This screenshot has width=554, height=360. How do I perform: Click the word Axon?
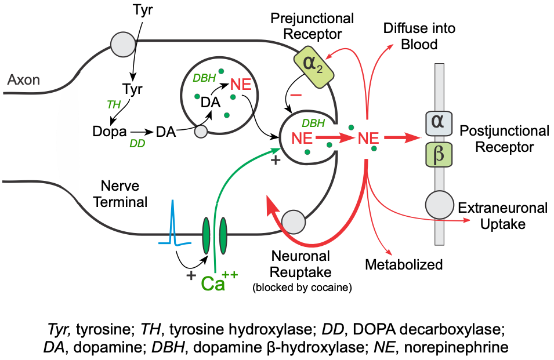point(24,79)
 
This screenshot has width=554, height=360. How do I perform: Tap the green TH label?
point(114,104)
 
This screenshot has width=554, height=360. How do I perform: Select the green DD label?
point(137,143)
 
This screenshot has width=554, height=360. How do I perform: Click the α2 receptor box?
point(313,67)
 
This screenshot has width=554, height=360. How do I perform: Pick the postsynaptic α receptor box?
point(439,122)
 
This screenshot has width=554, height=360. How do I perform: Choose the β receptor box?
point(439,155)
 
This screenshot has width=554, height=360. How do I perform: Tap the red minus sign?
point(296,94)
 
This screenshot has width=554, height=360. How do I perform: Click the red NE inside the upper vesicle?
point(241,85)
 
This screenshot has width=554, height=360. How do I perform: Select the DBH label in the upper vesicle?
point(204,78)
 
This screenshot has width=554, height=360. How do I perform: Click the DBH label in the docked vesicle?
point(313,123)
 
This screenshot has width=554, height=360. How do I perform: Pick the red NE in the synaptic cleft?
point(368,138)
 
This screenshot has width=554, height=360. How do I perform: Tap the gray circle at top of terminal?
point(123,45)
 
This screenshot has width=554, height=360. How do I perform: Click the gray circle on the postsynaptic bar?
point(439,205)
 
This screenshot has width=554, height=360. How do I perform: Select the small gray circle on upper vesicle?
point(201,132)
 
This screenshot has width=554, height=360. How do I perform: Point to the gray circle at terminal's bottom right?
point(294,221)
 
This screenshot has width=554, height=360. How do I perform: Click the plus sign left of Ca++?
point(191,275)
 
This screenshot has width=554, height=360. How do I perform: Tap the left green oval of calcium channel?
point(207,235)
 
